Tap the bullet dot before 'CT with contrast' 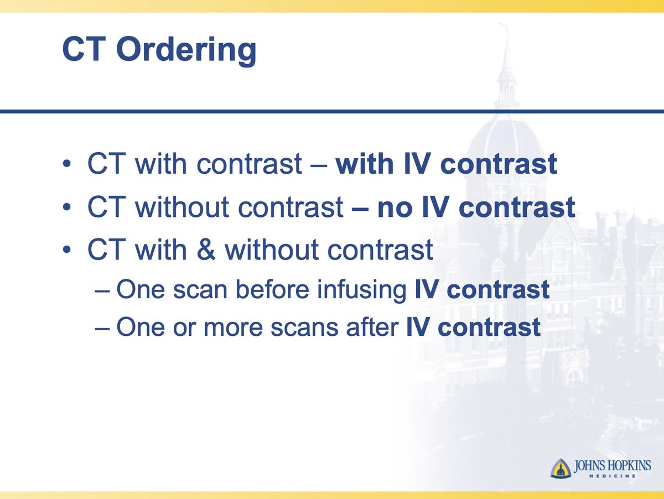[67, 165]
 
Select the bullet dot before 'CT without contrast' [67, 209]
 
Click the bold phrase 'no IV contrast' [476, 207]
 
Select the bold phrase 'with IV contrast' [446, 165]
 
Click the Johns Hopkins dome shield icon [560, 468]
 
